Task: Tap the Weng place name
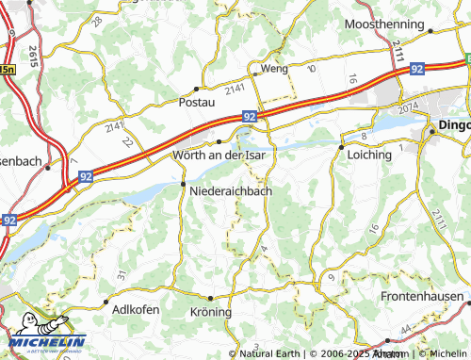pos(275,69)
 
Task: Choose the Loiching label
pos(370,154)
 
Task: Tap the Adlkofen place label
pos(135,309)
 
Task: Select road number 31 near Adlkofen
pos(121,274)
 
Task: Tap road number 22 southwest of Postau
pos(127,140)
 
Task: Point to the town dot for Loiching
pos(340,145)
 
